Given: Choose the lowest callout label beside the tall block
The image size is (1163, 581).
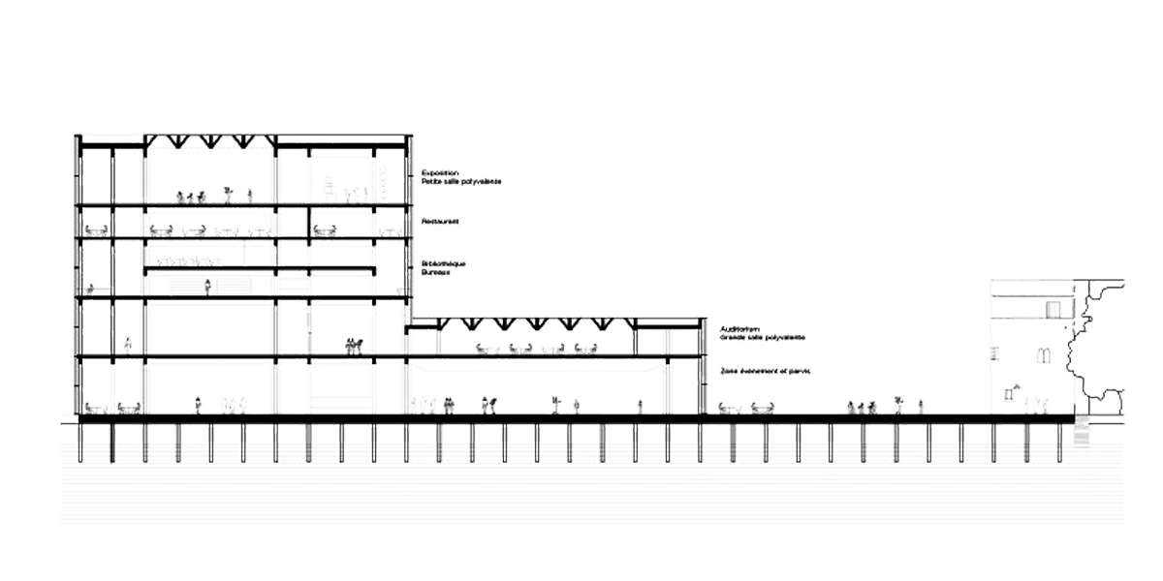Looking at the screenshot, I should (441, 268).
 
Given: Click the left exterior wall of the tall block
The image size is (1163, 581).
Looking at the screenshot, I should (77, 271).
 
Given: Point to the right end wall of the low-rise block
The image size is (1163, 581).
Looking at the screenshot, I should (702, 368).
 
